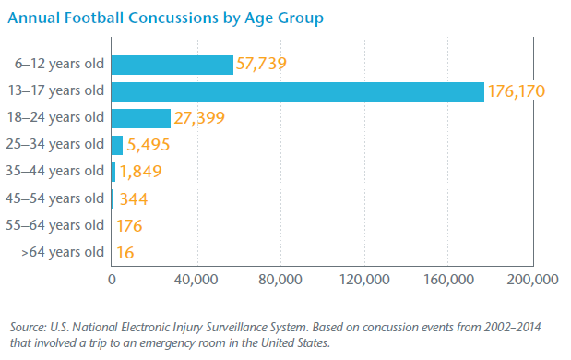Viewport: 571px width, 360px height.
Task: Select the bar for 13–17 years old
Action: click(297, 91)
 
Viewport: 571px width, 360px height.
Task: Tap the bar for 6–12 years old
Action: click(172, 65)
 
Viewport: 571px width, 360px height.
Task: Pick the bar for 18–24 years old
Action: click(140, 118)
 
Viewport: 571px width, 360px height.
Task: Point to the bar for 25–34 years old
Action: click(117, 145)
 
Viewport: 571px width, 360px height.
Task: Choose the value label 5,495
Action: click(149, 145)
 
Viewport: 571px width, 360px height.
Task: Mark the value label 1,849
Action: click(142, 172)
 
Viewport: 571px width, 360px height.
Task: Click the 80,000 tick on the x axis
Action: click(280, 281)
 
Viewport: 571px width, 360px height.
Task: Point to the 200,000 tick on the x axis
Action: click(532, 281)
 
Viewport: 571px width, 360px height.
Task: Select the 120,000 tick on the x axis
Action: click(363, 281)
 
